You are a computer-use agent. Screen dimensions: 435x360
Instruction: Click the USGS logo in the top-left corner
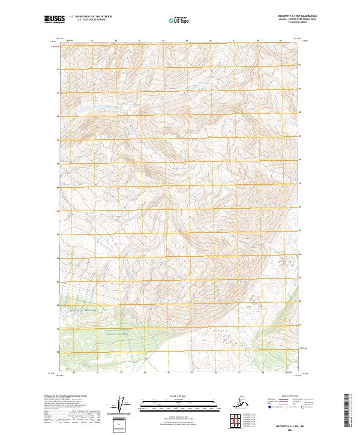52,20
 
